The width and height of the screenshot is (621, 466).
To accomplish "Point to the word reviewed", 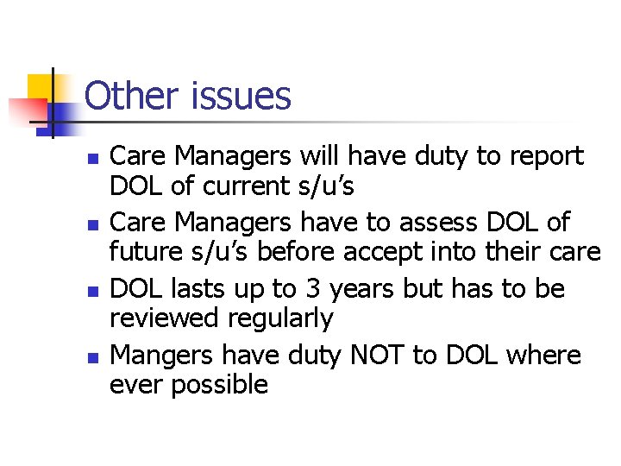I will click(164, 318).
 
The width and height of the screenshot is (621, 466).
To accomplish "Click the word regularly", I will click(280, 319).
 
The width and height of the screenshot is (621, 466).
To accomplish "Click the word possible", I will click(220, 385).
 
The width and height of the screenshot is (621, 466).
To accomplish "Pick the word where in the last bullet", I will click(543, 355).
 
